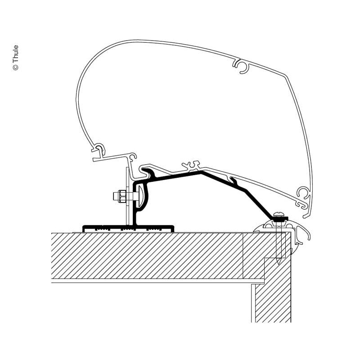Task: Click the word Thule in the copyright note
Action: click(x=15, y=54)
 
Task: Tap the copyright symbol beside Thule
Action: click(x=15, y=67)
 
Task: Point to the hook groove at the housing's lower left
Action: click(x=99, y=149)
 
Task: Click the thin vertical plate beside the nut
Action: click(x=128, y=196)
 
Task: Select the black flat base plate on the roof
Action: click(x=128, y=229)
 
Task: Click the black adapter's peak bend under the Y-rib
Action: click(x=201, y=172)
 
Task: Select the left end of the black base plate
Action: click(x=83, y=229)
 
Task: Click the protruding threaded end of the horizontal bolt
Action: click(x=116, y=196)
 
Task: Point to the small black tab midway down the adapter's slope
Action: click(x=234, y=180)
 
